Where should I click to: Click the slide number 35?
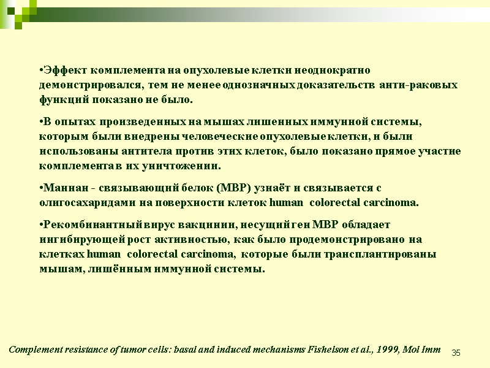pyautogui.click(x=455, y=353)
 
